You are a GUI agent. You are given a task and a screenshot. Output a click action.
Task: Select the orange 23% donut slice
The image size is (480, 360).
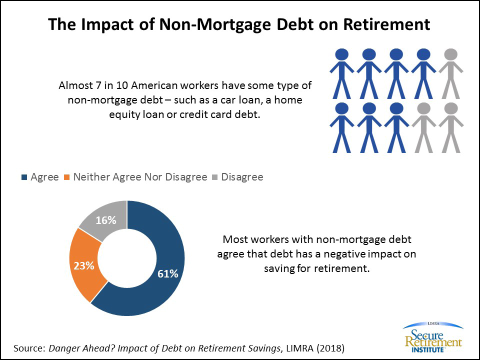click(84, 265)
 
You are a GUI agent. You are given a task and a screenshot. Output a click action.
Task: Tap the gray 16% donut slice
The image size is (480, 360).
click(106, 219)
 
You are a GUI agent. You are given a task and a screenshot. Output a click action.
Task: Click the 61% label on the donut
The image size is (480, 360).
click(168, 273)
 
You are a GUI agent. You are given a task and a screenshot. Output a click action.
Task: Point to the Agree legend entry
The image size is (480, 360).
click(40, 177)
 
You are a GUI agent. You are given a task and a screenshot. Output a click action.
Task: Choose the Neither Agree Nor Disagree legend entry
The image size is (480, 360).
click(135, 177)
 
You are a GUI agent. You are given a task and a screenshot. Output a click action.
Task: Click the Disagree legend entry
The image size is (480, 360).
click(237, 177)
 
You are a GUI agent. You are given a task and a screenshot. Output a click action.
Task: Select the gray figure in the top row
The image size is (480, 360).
click(451, 74)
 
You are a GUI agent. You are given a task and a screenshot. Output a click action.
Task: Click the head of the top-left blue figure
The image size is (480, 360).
click(342, 54)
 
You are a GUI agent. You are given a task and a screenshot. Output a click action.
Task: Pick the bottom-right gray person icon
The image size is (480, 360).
click(451, 127)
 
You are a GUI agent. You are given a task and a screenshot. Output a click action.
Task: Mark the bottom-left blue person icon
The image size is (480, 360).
click(342, 127)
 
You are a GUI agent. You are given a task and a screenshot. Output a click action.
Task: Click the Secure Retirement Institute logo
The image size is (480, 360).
click(433, 337)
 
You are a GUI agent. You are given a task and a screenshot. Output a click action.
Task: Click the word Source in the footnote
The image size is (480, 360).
click(29, 348)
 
